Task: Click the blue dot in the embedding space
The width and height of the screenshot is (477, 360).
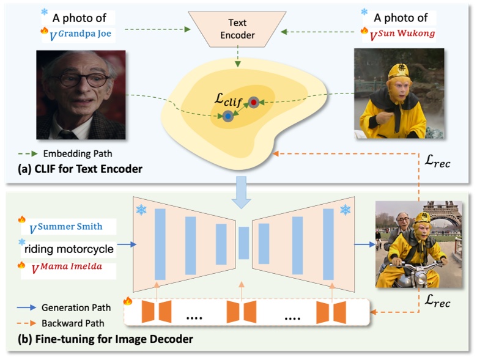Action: click(x=227, y=116)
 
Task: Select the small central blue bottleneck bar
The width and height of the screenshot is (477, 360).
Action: click(x=243, y=243)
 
